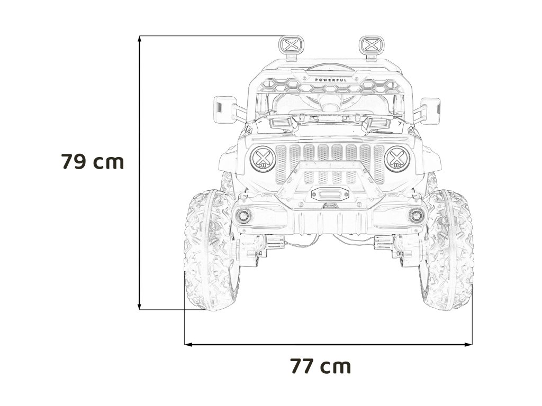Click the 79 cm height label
tap(92, 162)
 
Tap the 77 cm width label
tap(320, 366)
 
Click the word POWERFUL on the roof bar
tap(331, 80)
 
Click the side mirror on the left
tap(225, 110)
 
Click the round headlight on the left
tap(263, 159)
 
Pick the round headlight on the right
tap(397, 159)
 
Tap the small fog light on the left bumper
tap(243, 216)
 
